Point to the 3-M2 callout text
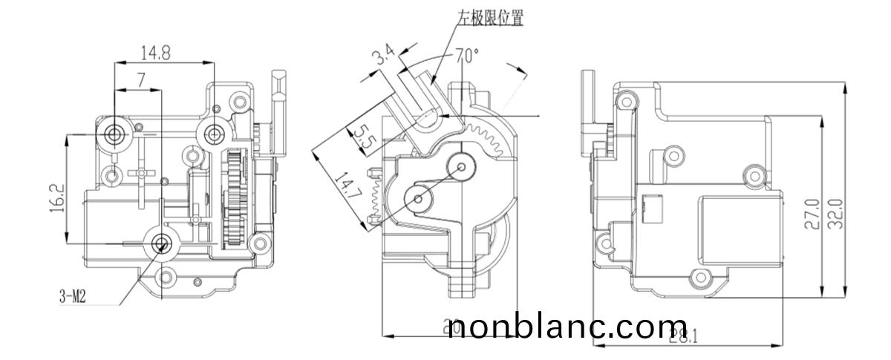[74, 297]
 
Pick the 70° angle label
[467, 55]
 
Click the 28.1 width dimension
[682, 336]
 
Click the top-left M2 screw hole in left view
[115, 134]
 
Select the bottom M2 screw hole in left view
[161, 243]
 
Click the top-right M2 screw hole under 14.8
[215, 134]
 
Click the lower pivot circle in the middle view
[418, 197]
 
